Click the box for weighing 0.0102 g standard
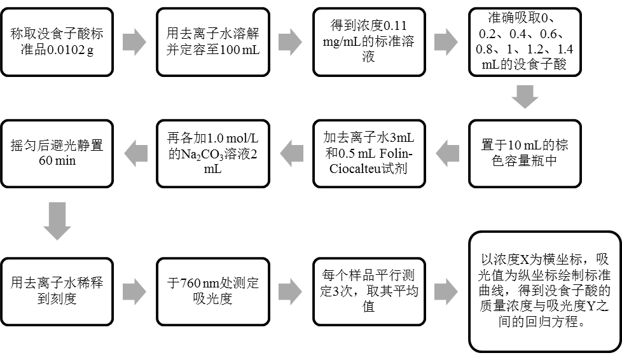(57, 41)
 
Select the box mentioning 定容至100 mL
(212, 41)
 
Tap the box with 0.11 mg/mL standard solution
(368, 41)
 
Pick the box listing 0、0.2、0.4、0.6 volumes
(525, 42)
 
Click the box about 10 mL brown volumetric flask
(525, 153)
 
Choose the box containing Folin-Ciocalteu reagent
(368, 153)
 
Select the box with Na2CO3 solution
(212, 153)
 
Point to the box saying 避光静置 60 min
(57, 153)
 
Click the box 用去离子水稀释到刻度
(57, 291)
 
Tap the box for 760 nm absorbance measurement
(212, 291)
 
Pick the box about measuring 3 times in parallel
(368, 291)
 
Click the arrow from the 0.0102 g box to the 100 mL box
(134, 41)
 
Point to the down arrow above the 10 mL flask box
(525, 97)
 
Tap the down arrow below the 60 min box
(57, 221)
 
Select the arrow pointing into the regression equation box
(446, 291)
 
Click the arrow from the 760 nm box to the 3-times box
(290, 291)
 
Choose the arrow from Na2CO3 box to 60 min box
(134, 153)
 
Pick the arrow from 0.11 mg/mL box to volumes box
(446, 41)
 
